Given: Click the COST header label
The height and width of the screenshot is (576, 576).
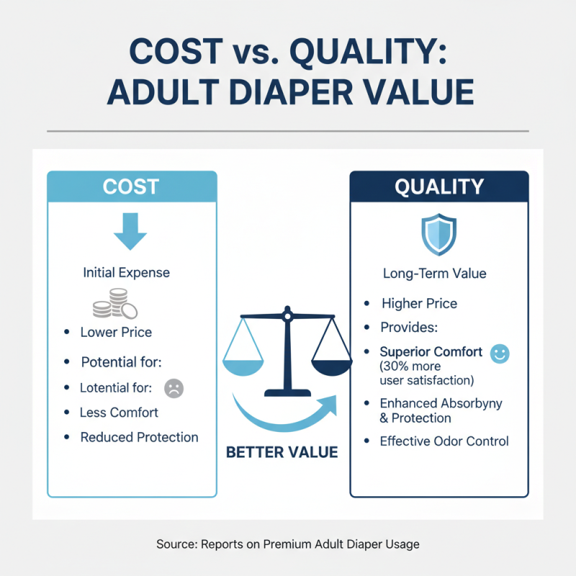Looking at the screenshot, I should pyautogui.click(x=130, y=186).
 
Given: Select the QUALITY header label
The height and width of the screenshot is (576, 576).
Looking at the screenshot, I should pyautogui.click(x=439, y=186).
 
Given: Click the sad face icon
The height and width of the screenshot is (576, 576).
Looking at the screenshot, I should pyautogui.click(x=174, y=388).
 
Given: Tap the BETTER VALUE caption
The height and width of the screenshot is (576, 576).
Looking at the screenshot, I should pyautogui.click(x=282, y=453).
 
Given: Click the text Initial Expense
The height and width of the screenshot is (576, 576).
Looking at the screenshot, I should pyautogui.click(x=127, y=273).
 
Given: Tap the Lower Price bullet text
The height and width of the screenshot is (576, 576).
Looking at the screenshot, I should pyautogui.click(x=116, y=332).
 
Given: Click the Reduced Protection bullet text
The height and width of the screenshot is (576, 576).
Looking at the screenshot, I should pyautogui.click(x=139, y=437).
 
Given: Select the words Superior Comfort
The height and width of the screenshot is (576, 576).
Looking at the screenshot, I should pyautogui.click(x=431, y=352).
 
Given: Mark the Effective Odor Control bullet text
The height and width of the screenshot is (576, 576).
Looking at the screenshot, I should pyautogui.click(x=444, y=441).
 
